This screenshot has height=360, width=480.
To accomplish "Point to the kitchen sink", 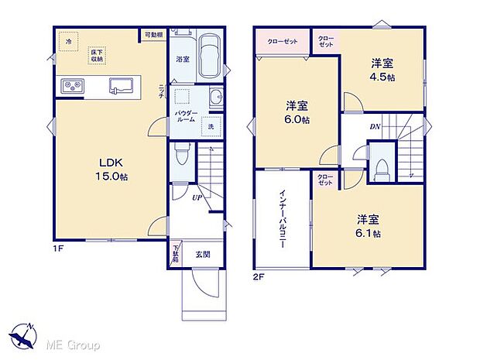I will click(121, 85).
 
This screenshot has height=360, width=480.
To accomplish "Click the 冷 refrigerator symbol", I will click(68, 41).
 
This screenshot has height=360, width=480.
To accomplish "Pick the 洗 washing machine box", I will click(210, 126).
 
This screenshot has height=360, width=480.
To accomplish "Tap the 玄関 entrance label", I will click(201, 254).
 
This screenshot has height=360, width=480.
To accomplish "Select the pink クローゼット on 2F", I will click(283, 42).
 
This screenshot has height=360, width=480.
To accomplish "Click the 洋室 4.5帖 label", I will click(381, 71).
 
